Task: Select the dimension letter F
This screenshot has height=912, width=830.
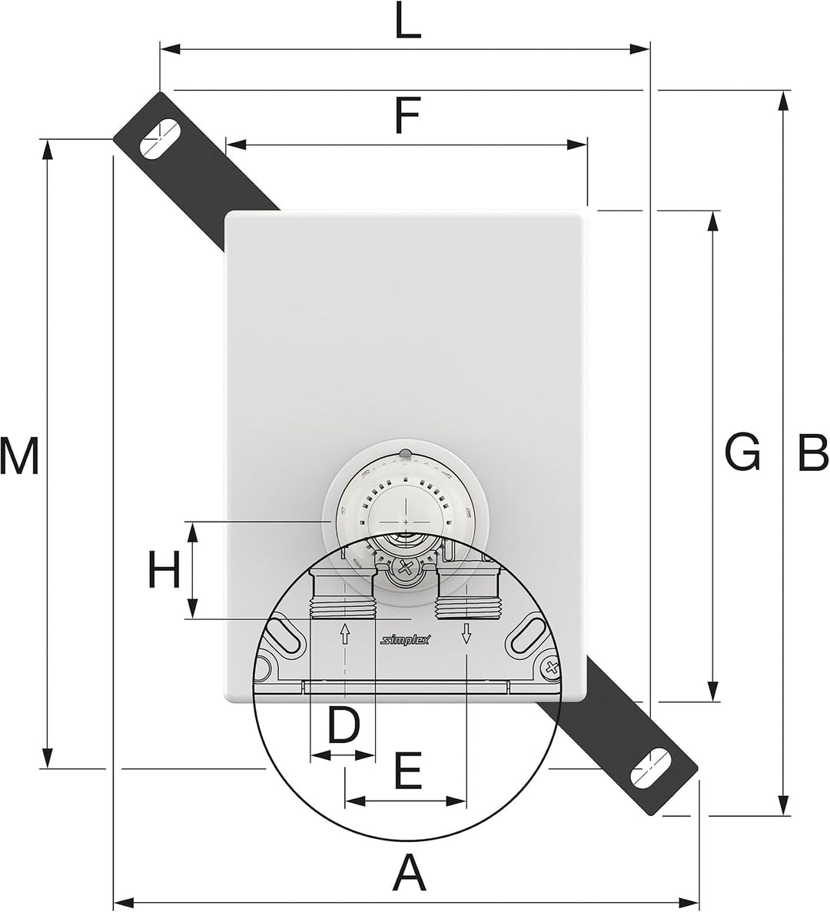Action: pos(406,115)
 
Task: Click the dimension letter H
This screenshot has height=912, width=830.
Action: pos(164,570)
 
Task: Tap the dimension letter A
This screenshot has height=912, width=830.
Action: pos(411,873)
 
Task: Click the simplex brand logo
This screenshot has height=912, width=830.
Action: pos(405,640)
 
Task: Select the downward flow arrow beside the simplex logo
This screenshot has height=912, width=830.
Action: pos(466,633)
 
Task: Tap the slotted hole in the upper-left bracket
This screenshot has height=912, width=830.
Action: pos(159,139)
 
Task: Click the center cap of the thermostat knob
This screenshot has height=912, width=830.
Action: pos(406,505)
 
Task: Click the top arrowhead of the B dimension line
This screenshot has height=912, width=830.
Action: pos(784,101)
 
